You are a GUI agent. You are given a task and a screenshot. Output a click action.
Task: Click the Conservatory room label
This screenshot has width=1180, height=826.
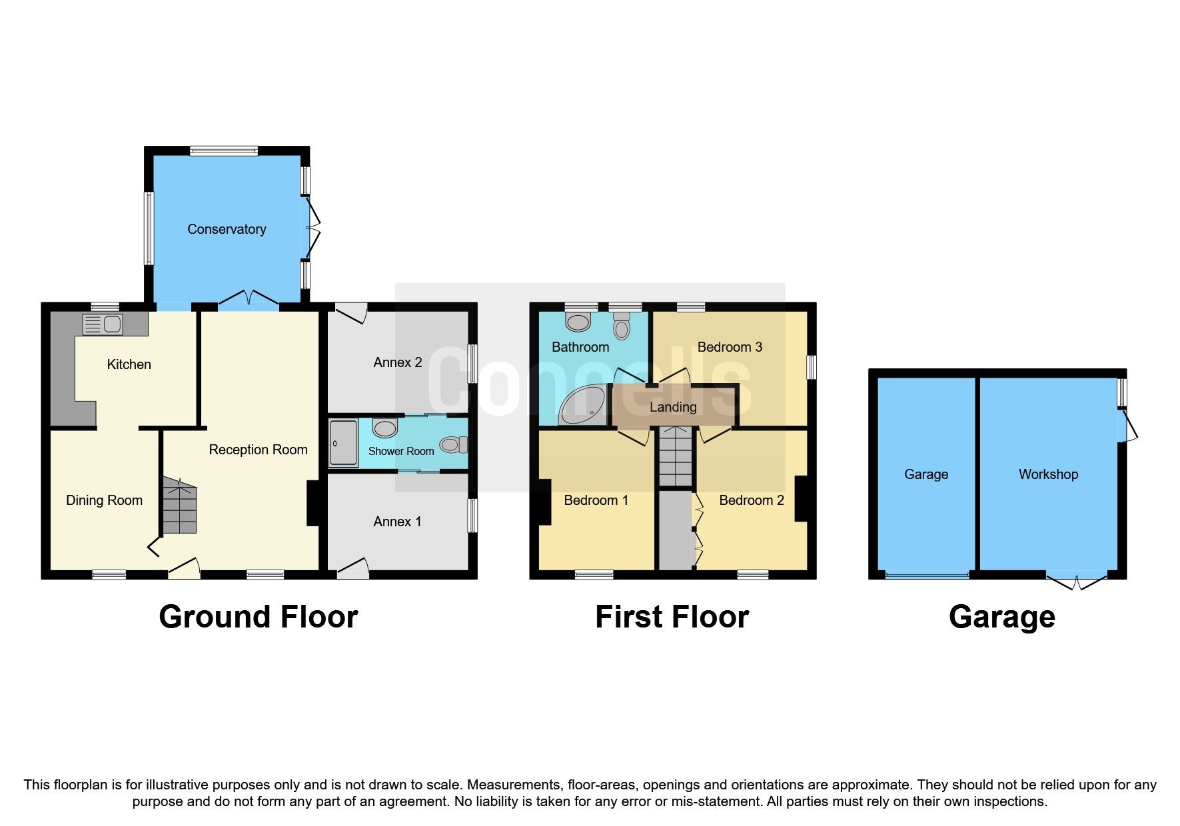pos(227,229)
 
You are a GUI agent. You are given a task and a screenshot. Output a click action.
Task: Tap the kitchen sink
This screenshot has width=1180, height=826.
pos(102,324)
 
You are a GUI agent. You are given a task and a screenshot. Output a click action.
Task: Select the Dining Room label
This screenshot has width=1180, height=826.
pos(104,500)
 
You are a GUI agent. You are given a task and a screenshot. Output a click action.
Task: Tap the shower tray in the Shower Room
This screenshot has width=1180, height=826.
pos(344,442)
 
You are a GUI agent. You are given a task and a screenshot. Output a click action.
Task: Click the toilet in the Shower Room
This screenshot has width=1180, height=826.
pos(454,444)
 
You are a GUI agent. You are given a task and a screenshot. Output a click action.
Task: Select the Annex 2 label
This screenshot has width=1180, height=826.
pos(398,362)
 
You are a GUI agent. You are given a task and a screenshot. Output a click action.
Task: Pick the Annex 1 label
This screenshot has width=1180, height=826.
pos(398,522)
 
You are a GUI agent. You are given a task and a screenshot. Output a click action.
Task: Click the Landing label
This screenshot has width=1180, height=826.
pos(673,407)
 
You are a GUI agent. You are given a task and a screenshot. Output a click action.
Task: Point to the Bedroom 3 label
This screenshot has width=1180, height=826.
pos(730,347)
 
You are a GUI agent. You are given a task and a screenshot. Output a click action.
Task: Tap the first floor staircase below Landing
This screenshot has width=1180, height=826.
pos(676,456)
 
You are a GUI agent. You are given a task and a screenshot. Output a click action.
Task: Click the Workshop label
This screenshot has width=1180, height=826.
pos(1048,474)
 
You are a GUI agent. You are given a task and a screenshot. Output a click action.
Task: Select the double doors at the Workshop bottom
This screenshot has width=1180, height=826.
pos(1076,581)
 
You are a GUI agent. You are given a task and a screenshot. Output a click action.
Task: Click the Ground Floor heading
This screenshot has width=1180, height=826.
pos(259,617)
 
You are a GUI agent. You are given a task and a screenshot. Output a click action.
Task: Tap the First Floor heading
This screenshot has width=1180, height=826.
pos(672,617)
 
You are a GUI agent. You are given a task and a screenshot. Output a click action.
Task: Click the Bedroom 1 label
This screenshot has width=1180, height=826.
pos(596,500)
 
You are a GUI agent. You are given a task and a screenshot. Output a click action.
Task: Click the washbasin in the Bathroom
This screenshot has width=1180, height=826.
pos(578,322)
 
